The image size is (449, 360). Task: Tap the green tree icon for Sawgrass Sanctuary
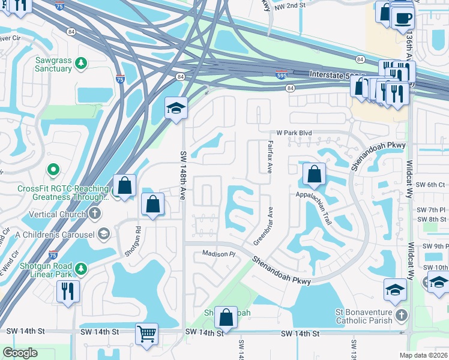82,62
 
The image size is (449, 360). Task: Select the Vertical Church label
57,214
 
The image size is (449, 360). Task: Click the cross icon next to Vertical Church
95,214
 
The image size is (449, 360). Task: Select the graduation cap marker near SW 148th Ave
176,107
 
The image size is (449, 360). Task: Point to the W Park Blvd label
295,133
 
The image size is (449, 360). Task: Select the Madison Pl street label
215,254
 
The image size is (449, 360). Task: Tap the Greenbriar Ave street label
265,226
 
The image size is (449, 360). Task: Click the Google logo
20,353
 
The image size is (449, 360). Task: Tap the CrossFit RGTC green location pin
52,172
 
